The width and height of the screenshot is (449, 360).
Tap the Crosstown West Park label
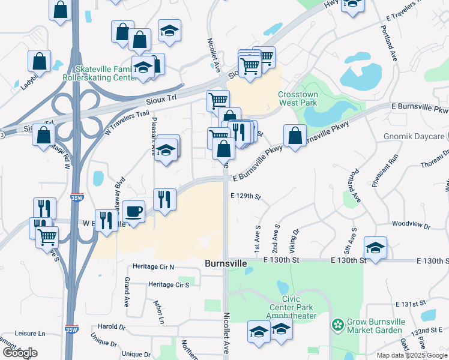pos(297,99)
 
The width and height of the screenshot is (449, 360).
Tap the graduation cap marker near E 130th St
pos(375,247)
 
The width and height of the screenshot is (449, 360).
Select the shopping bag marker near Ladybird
pos(39,61)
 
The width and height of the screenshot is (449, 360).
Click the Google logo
pos(20,353)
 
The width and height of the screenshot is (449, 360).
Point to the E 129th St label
pos(246,196)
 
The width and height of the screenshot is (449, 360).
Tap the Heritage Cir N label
pos(152,266)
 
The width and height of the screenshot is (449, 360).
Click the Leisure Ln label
pos(29,333)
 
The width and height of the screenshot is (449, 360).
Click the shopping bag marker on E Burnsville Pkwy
pos(294,135)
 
